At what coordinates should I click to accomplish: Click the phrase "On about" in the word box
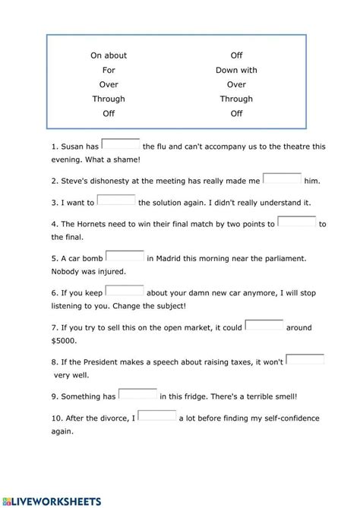(109, 55)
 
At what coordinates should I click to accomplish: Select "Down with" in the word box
(236, 70)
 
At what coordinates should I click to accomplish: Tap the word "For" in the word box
(109, 70)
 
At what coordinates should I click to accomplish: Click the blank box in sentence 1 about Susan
(120, 145)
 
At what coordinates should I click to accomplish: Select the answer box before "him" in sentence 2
(282, 179)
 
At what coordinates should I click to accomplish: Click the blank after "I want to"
(116, 200)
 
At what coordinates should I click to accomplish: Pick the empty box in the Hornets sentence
(297, 222)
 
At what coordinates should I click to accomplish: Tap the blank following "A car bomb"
(125, 257)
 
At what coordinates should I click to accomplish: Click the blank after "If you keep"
(125, 291)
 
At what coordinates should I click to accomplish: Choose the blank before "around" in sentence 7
(264, 326)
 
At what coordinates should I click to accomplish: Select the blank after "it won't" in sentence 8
(305, 360)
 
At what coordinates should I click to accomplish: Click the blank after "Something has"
(138, 394)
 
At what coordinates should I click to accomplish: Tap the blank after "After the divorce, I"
(157, 416)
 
